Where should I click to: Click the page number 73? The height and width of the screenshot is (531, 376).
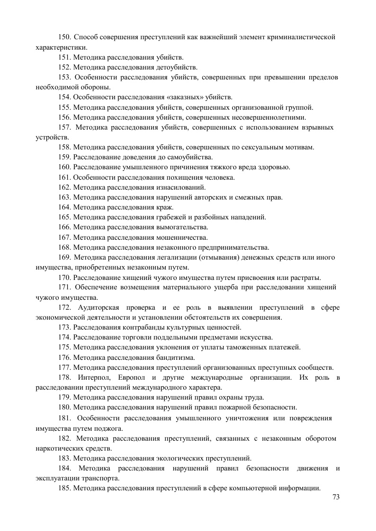tap(337, 496)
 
